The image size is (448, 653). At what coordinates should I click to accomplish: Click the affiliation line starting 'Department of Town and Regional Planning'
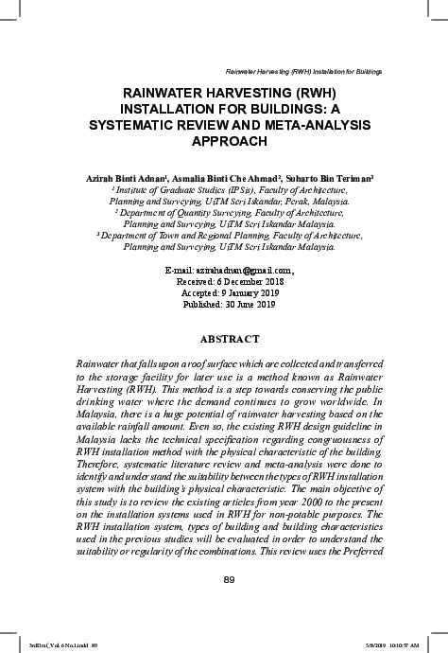[x=230, y=235]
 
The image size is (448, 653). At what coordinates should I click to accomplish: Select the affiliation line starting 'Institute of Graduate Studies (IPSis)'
[x=230, y=189]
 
